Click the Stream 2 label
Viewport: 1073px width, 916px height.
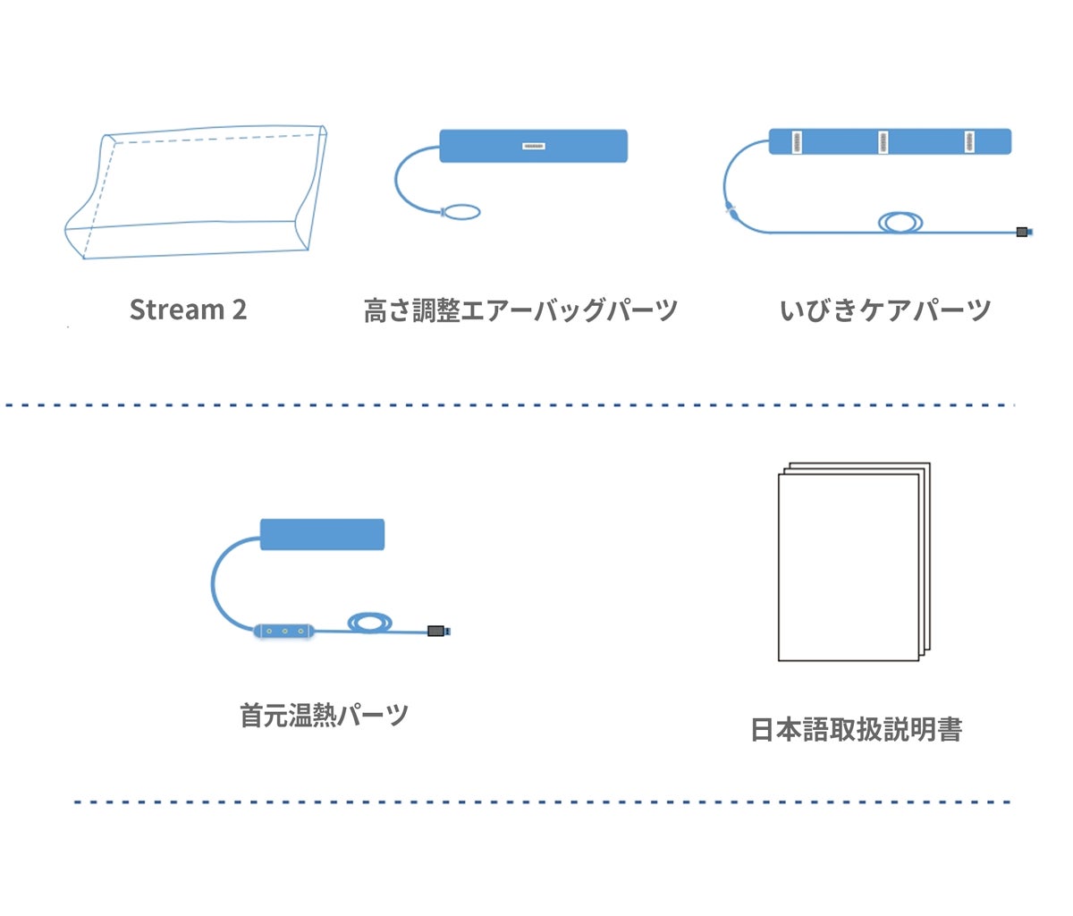coord(188,310)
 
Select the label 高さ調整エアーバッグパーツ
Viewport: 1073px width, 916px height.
coord(520,310)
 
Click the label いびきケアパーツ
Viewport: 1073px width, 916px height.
coord(885,310)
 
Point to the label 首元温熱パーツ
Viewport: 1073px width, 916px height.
coord(324,715)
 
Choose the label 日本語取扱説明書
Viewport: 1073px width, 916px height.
coord(856,730)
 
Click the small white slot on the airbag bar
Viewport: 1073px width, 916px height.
coord(534,146)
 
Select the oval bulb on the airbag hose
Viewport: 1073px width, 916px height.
coord(461,213)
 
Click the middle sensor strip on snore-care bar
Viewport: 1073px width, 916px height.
coord(883,141)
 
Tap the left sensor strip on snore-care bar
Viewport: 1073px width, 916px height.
coord(797,141)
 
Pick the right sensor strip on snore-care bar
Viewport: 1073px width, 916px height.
coord(969,141)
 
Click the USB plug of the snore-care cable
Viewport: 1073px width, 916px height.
coord(1023,233)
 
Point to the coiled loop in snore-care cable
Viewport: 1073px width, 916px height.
coord(900,221)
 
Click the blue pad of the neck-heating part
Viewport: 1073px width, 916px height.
coord(322,534)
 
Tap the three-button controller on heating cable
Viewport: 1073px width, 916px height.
coord(285,631)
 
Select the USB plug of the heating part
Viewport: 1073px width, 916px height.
coord(437,631)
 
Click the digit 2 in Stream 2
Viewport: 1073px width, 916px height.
coord(239,310)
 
